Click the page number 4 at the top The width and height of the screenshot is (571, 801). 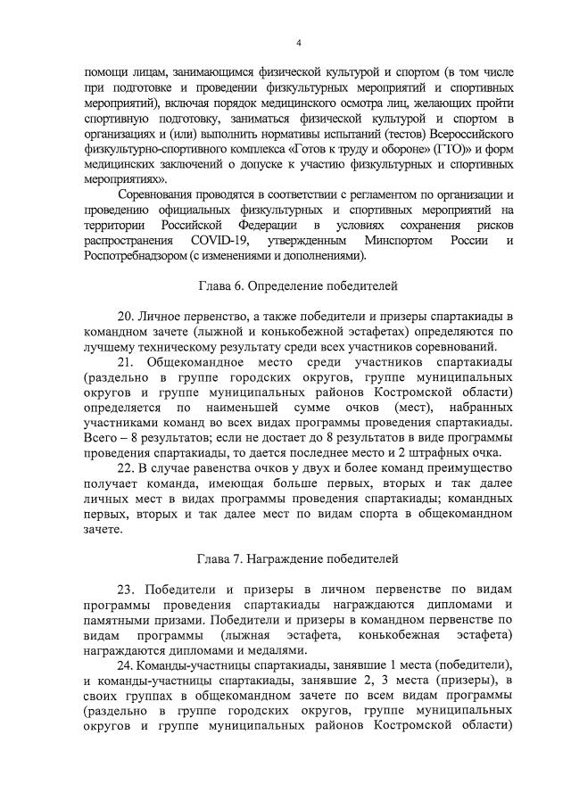tap(299, 42)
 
